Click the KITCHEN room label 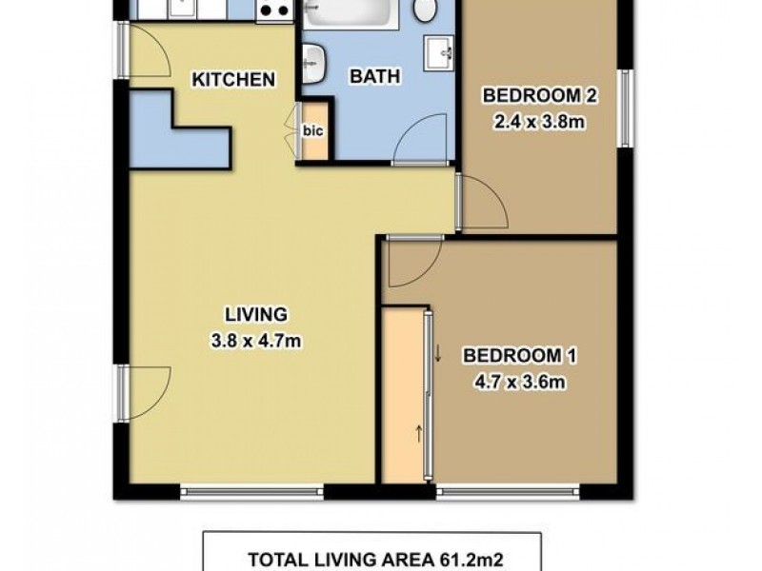[234, 80]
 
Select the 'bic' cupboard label [313, 131]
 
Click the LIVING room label [255, 313]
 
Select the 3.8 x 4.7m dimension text [255, 341]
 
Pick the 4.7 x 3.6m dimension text [520, 384]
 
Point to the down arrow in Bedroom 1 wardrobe [438, 355]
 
